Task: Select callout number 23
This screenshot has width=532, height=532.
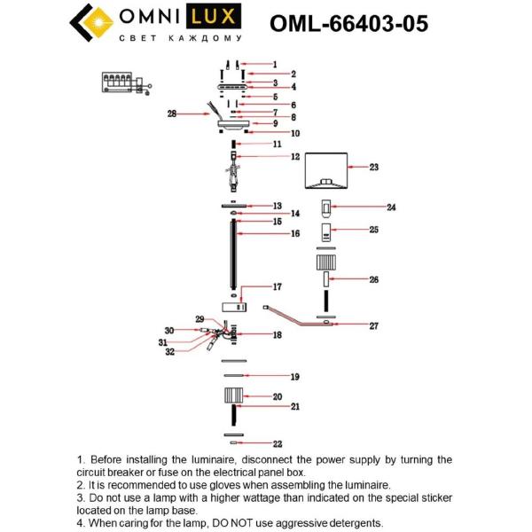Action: [x=374, y=167]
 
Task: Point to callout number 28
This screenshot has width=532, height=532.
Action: [x=173, y=113]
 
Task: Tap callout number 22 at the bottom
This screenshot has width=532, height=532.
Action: [x=278, y=443]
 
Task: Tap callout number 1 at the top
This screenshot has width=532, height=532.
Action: [x=274, y=64]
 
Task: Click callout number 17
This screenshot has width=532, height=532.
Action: [x=277, y=286]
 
